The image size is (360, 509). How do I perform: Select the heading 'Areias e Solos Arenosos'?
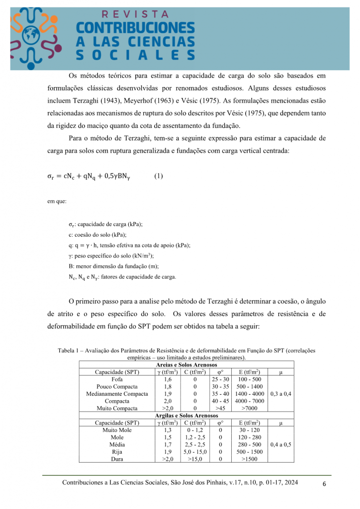[186, 365]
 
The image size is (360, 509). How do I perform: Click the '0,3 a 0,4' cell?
[281, 394]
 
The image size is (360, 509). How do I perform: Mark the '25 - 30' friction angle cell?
[220, 379]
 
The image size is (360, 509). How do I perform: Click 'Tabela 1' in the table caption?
[70, 350]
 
